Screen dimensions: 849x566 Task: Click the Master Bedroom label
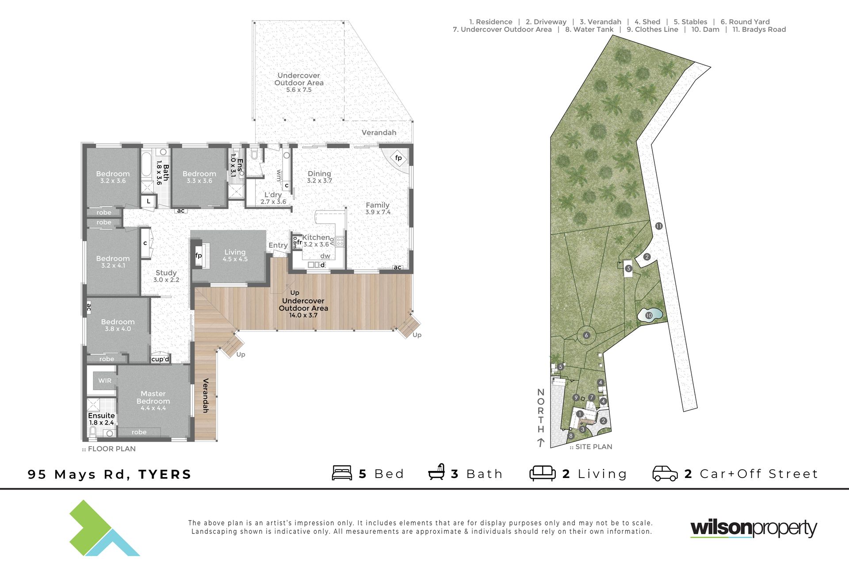coord(153,397)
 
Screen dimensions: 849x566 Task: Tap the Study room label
coord(166,273)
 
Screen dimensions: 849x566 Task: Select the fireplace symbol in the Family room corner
coord(398,158)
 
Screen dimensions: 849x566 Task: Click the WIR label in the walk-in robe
coord(105,380)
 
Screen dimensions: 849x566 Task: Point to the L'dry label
coord(273,195)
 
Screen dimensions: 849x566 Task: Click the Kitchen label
coord(316,237)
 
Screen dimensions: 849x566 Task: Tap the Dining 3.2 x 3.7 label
coord(319,177)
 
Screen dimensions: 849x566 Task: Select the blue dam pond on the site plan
coord(650,315)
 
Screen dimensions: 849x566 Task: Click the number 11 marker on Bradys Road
coord(659,226)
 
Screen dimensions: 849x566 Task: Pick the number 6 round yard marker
coord(586,335)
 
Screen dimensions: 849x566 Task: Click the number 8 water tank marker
coord(571,436)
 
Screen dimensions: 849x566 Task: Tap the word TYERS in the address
coord(165,474)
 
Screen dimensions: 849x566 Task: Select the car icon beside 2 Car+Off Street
coord(665,473)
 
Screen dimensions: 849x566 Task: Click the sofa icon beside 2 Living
coord(543,473)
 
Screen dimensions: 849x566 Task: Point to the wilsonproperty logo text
coord(754,528)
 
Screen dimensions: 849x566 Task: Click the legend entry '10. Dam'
coord(705,30)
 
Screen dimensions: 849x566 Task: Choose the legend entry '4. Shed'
coord(647,22)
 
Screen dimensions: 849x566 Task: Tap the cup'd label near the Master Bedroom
coord(160,359)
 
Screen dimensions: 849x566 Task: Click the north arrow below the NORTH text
coord(540,442)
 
